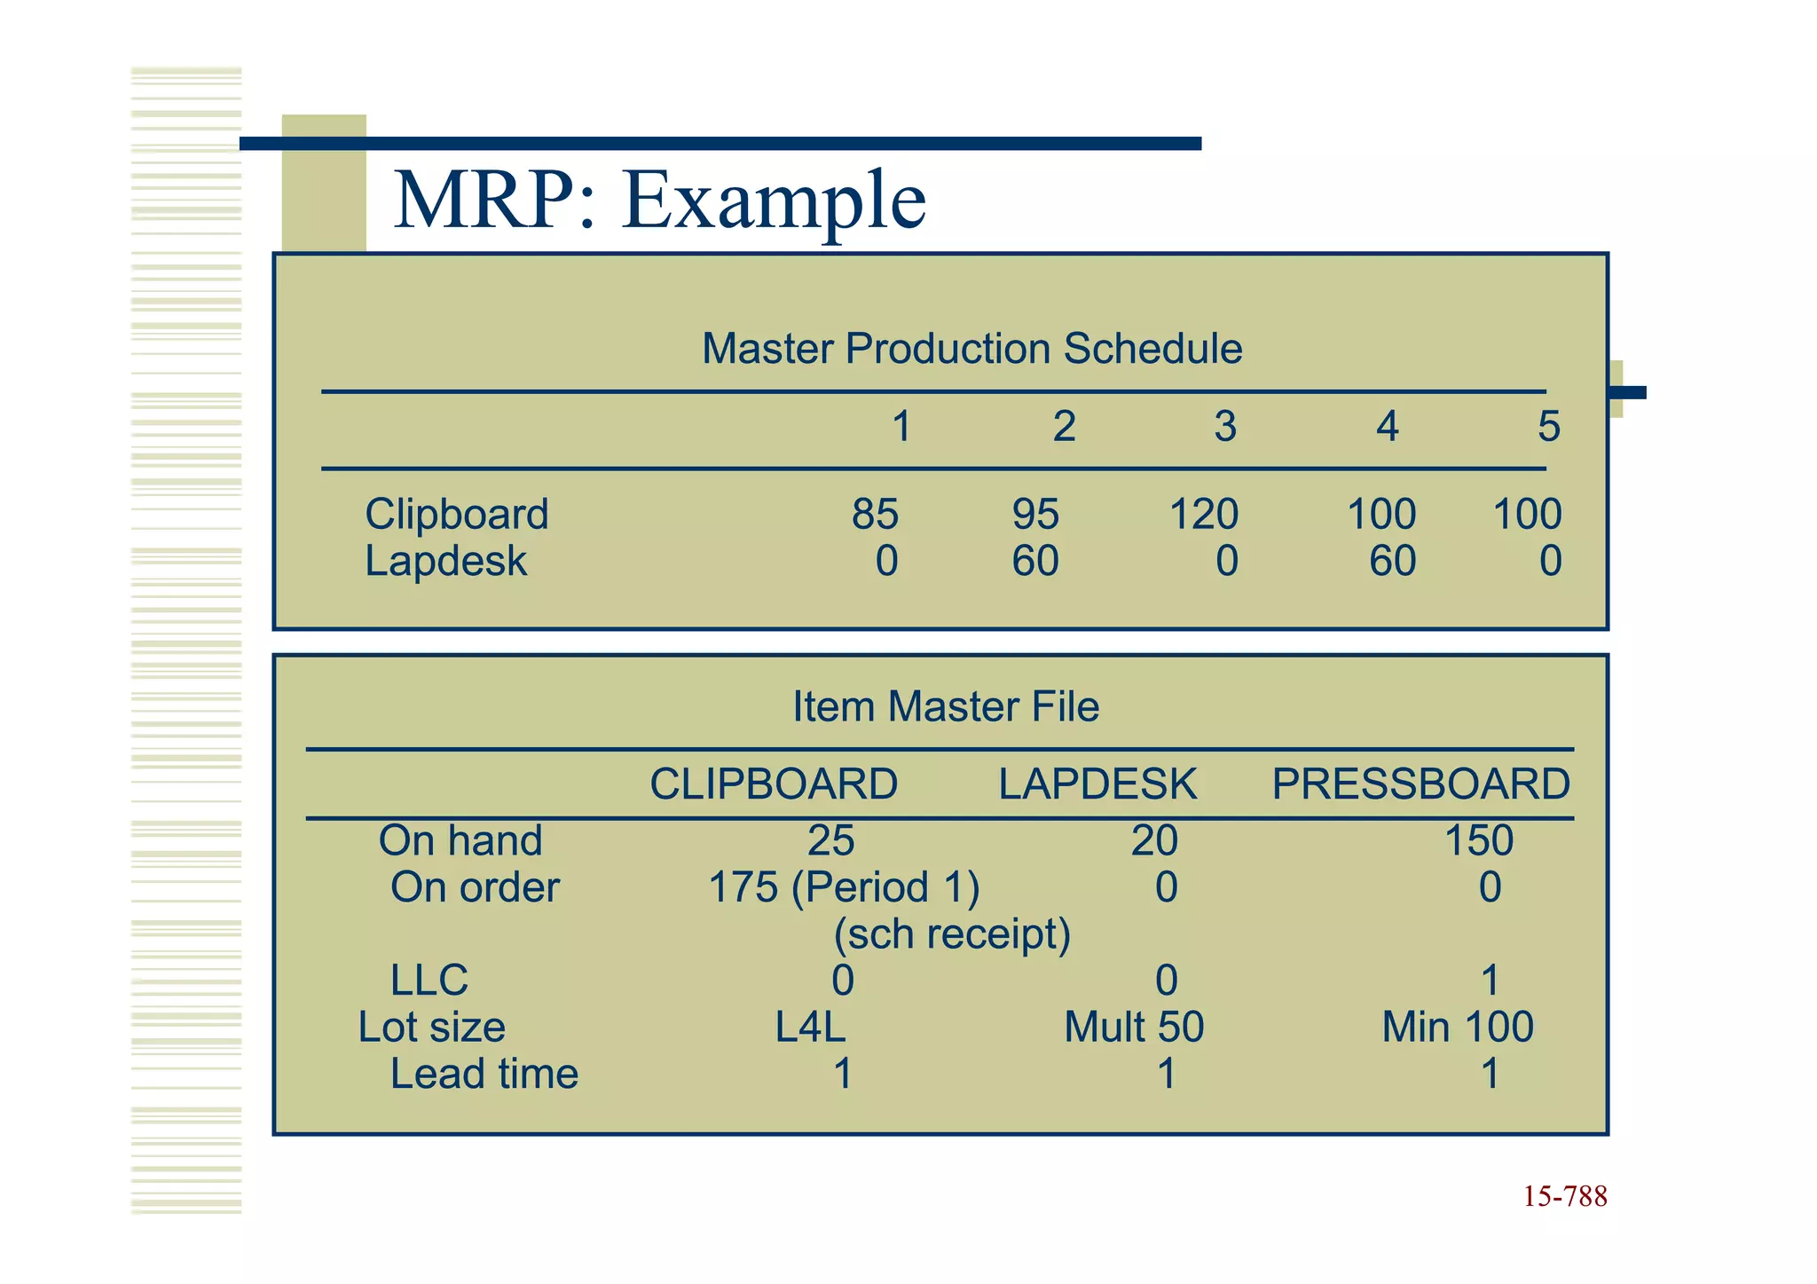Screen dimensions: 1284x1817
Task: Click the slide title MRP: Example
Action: (659, 201)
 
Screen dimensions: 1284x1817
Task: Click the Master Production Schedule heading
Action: (971, 348)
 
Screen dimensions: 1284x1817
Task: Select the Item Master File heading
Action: (946, 706)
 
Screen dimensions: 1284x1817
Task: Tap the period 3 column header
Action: (1225, 427)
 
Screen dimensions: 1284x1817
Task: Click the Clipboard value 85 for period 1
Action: (875, 515)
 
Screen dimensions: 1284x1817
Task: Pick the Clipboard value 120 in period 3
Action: (1203, 515)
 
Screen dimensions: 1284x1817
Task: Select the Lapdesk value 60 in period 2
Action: (1035, 561)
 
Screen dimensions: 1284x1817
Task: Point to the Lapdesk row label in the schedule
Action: (445, 561)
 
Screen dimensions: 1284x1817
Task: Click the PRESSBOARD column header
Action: (1420, 784)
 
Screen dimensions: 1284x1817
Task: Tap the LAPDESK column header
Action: (1097, 784)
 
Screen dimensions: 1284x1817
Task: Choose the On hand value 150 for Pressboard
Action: (1478, 840)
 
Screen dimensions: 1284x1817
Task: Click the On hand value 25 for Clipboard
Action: (830, 840)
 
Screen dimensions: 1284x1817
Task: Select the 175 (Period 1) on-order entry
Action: (844, 887)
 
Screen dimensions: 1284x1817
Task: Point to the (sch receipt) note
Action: (952, 933)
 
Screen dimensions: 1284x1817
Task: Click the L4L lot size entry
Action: (810, 1028)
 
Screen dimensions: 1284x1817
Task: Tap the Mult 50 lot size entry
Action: (1134, 1028)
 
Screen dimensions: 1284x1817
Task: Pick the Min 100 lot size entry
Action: (1458, 1028)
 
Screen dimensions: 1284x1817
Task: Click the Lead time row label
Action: (484, 1074)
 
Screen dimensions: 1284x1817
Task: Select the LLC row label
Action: (429, 981)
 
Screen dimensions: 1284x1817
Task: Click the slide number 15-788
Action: (1565, 1196)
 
